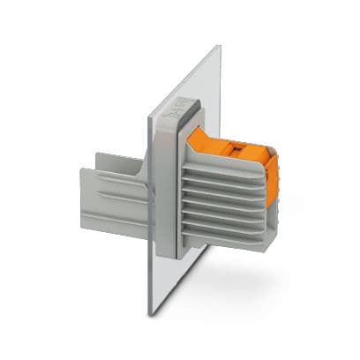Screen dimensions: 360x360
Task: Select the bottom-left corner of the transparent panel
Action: pos(148,313)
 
